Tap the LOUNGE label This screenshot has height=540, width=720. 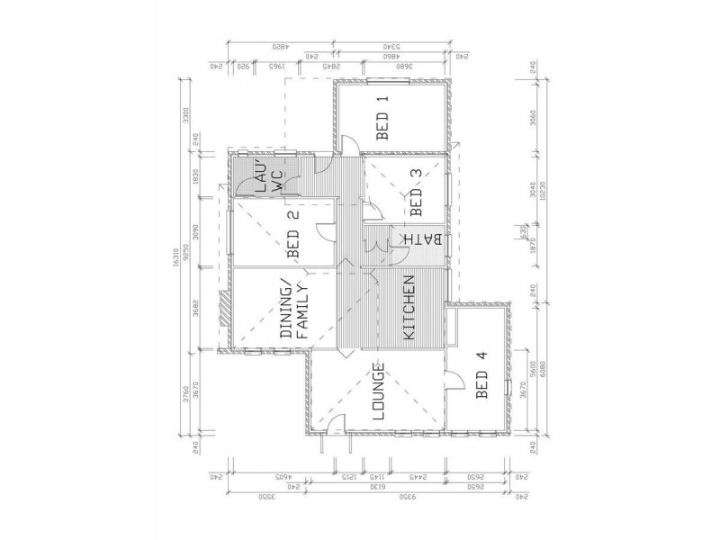click(x=379, y=392)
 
